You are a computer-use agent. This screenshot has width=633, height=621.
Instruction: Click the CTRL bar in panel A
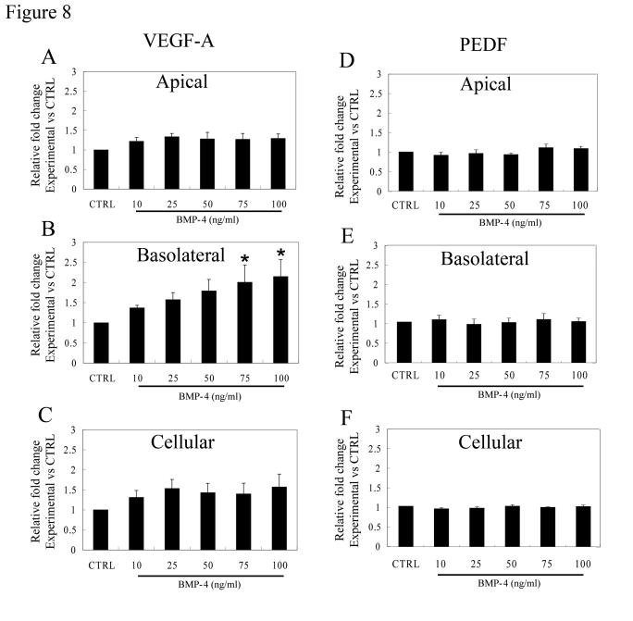tap(100, 170)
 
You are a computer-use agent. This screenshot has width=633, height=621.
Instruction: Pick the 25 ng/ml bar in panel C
tap(173, 521)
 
